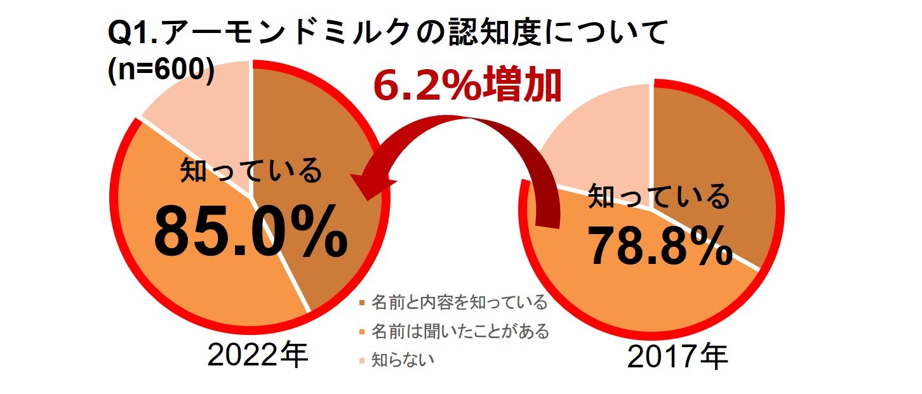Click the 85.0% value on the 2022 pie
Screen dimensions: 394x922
tap(251, 235)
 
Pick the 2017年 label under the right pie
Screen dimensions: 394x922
tap(677, 358)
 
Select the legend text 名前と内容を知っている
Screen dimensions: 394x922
tap(458, 303)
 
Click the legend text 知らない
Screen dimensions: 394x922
tap(403, 360)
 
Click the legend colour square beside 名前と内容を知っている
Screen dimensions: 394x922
tap(362, 303)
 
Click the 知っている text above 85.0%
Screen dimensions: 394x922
tap(251, 171)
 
